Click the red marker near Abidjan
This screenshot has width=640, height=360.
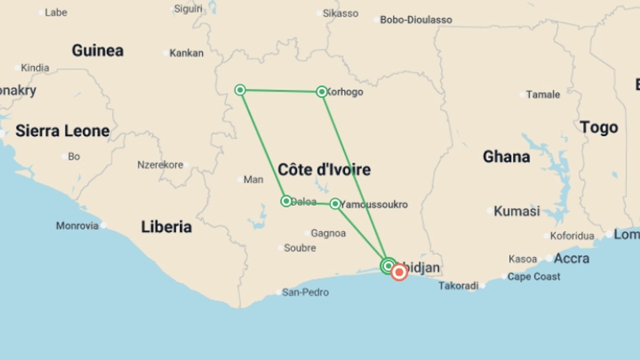(399, 272)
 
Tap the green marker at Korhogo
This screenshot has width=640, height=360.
(322, 92)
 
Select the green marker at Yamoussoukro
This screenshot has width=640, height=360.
(335, 204)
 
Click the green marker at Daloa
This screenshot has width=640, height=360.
(286, 201)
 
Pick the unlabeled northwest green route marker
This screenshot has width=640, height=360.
(240, 90)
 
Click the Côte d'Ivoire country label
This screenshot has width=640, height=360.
(324, 170)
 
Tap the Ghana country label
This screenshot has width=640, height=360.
(506, 157)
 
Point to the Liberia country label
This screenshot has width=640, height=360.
(166, 227)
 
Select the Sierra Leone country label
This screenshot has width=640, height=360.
(63, 131)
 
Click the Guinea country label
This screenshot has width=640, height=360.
(98, 51)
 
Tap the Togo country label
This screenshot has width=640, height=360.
(599, 128)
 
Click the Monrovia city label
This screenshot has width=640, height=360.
(77, 226)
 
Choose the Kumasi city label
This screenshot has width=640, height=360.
(517, 211)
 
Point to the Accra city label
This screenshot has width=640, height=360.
(571, 258)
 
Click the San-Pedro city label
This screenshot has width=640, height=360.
(305, 292)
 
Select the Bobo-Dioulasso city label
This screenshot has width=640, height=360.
(416, 20)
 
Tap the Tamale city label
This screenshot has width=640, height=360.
(543, 95)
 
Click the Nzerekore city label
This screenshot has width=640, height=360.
(160, 165)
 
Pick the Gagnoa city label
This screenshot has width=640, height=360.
(328, 233)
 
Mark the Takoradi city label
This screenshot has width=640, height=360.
(458, 286)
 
